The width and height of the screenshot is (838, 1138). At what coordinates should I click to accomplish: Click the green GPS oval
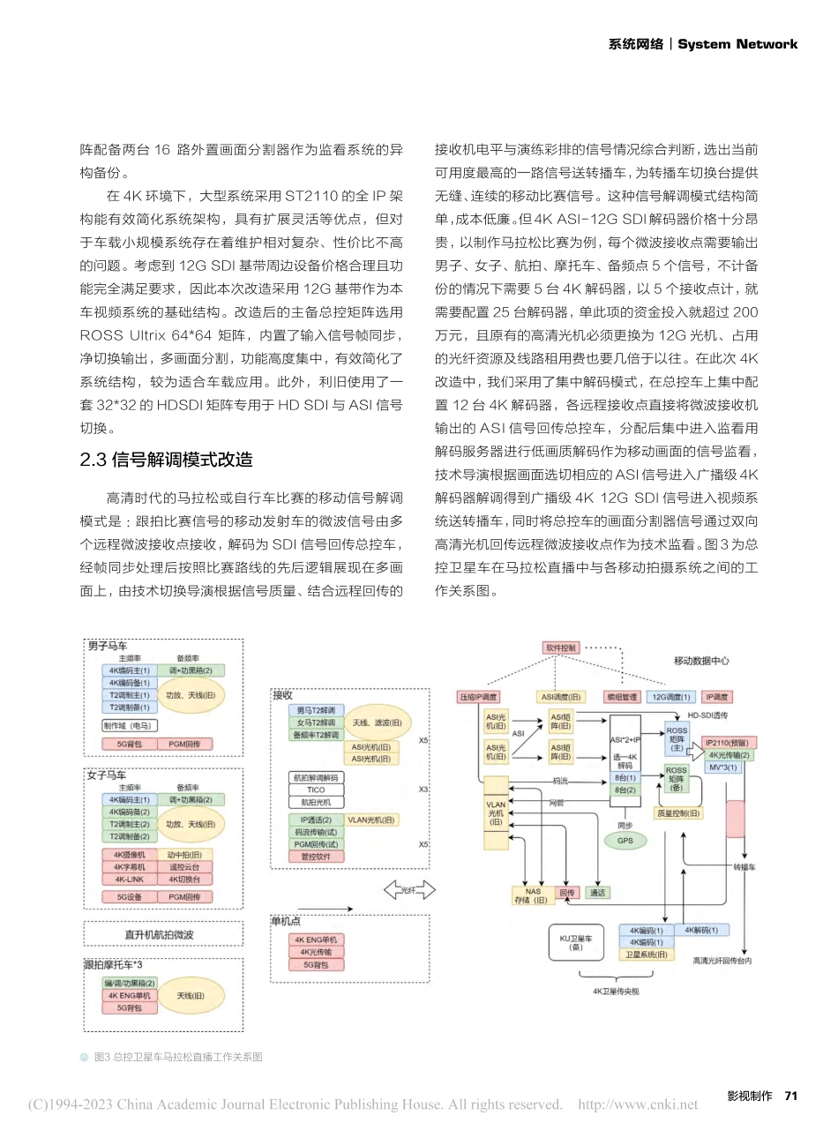tap(625, 841)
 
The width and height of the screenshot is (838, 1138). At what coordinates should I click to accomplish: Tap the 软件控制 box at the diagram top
tap(561, 648)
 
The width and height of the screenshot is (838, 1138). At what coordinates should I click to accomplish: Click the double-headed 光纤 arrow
tap(409, 890)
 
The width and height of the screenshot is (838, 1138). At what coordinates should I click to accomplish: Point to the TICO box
tap(316, 790)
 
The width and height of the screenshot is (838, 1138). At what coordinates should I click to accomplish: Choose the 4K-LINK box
tap(130, 880)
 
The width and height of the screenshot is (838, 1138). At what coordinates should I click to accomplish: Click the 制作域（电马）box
tap(129, 726)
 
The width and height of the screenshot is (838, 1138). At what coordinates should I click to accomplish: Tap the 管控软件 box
tap(316, 857)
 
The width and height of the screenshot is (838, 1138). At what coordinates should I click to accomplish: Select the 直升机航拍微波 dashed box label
tap(159, 934)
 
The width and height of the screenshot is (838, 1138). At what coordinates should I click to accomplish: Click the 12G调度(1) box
tap(671, 697)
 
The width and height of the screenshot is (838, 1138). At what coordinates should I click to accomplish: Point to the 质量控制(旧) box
tap(677, 813)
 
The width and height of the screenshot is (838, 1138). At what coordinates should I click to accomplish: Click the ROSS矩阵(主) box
tap(677, 739)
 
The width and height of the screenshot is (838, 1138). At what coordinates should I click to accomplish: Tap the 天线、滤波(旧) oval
tap(377, 723)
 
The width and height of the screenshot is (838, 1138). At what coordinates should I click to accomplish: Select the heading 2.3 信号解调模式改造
tap(166, 460)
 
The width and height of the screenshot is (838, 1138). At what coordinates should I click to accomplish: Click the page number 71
tap(790, 1096)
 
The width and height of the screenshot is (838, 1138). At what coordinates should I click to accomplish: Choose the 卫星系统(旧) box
tap(646, 955)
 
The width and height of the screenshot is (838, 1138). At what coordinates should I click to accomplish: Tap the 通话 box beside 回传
tap(597, 893)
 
